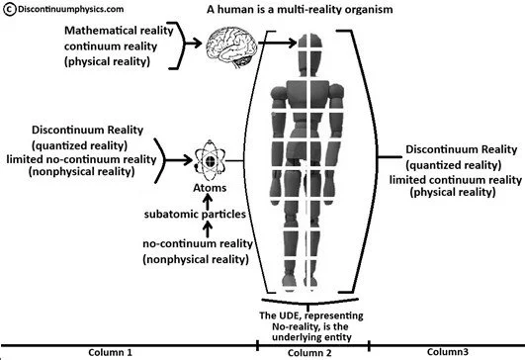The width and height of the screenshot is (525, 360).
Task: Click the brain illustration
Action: pyautogui.click(x=231, y=46)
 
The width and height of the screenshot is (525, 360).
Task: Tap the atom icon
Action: pyautogui.click(x=210, y=161)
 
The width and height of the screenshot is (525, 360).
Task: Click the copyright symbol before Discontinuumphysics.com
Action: pyautogui.click(x=10, y=9)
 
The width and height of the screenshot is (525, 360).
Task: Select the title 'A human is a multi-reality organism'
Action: pyautogui.click(x=300, y=9)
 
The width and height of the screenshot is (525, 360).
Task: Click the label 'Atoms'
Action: pyautogui.click(x=210, y=188)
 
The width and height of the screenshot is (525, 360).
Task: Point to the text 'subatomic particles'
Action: pyautogui.click(x=195, y=215)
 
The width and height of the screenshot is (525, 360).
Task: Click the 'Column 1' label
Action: pyautogui.click(x=110, y=352)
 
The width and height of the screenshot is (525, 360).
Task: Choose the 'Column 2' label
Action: pyautogui.click(x=309, y=353)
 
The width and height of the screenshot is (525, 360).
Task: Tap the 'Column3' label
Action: pyautogui.click(x=448, y=352)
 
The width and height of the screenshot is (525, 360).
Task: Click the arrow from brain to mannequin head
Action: pyautogui.click(x=277, y=43)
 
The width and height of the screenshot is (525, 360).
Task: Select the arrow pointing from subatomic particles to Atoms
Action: pyautogui.click(x=208, y=202)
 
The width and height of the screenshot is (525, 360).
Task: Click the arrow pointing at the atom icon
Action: pyautogui.click(x=179, y=160)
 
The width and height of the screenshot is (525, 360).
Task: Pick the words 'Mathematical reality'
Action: pyautogui.click(x=119, y=31)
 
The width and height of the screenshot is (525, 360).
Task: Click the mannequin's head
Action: pyautogui.click(x=310, y=54)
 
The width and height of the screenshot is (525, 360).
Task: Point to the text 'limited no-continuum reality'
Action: pyautogui.click(x=81, y=159)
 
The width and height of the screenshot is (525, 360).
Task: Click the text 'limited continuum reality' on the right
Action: pyautogui.click(x=456, y=180)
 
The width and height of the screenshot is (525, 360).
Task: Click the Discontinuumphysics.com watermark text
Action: pyautogui.click(x=70, y=9)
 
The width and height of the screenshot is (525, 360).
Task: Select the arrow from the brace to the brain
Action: pyautogui.click(x=193, y=43)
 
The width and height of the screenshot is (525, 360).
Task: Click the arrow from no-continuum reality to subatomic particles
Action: pyautogui.click(x=208, y=229)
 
